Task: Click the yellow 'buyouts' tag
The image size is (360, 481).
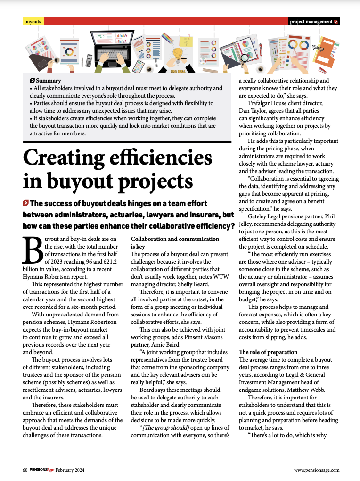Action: (x=33, y=22)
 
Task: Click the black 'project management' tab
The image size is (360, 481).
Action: (x=313, y=22)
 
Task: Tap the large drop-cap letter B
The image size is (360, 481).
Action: (x=33, y=250)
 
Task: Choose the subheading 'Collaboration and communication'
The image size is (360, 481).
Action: (x=175, y=239)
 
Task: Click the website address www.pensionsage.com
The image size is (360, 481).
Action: (x=316, y=470)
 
